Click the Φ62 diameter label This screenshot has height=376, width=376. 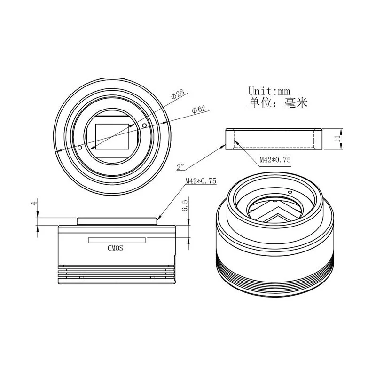pos(199,109)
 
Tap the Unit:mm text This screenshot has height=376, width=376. pos(269,91)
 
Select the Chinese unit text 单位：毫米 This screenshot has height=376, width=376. pos(278,103)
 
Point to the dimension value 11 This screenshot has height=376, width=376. pos(337,138)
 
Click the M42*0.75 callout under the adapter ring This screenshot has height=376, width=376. pos(275,160)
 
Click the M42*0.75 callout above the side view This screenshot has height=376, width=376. pos(201,180)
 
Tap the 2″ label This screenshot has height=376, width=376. pos(180,167)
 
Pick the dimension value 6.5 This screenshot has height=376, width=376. pos(185,205)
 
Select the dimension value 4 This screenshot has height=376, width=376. pos(34,203)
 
